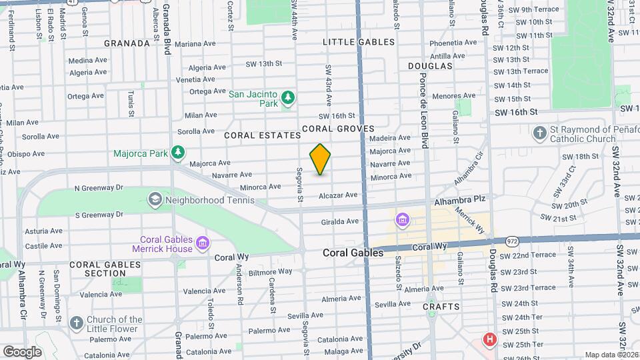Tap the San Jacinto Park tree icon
(288, 99)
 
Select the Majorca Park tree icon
(178, 153)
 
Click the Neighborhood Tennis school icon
(155, 199)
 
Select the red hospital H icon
(491, 339)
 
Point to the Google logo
(23, 351)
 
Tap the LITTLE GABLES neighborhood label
(359, 42)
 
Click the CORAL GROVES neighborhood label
(337, 129)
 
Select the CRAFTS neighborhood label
(441, 307)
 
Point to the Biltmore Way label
(271, 271)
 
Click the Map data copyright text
(611, 355)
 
